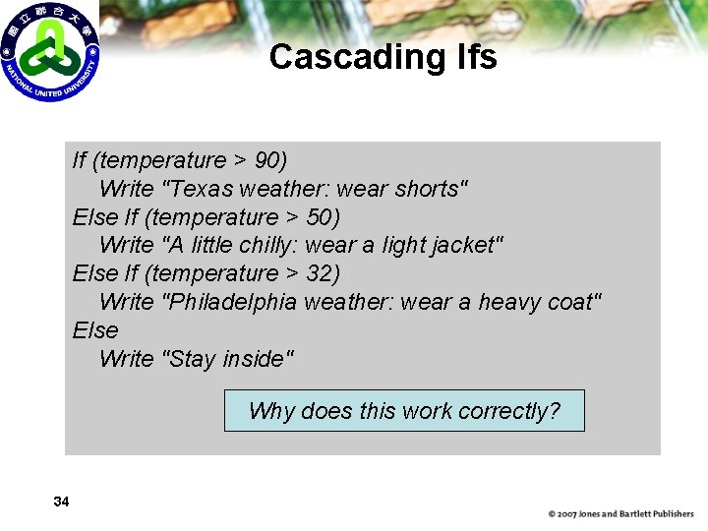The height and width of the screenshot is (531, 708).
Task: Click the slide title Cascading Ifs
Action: [x=383, y=57]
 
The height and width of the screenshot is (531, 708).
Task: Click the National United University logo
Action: [x=49, y=50]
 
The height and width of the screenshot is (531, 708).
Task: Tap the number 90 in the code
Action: [x=265, y=160]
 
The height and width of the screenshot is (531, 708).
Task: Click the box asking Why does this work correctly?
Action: [x=404, y=411]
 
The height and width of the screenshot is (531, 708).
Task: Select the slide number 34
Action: [x=61, y=502]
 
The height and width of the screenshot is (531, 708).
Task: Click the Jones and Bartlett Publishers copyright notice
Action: [x=620, y=514]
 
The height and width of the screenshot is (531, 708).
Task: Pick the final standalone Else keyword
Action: [x=95, y=330]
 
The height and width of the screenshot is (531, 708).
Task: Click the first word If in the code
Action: [x=80, y=160]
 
